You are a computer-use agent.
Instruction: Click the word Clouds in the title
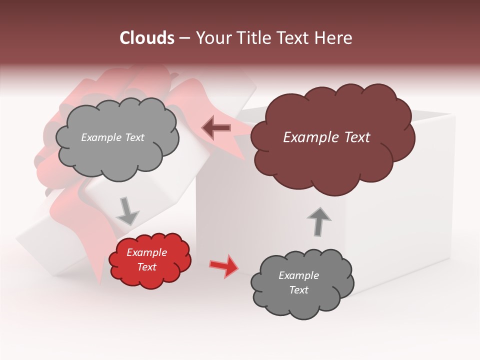(x=147, y=38)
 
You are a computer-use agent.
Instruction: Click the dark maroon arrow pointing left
(x=216, y=128)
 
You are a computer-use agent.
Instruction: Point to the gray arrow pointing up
(x=318, y=221)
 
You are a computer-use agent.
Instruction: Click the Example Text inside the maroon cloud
(x=326, y=137)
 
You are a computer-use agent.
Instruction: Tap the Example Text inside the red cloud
(x=146, y=259)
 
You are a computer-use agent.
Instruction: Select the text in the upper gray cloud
(x=112, y=137)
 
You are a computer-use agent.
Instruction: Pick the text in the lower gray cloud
(x=298, y=282)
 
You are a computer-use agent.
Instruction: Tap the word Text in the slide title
(x=293, y=38)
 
